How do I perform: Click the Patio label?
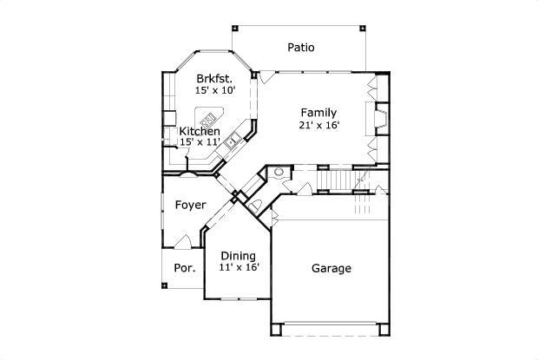coord(301,47)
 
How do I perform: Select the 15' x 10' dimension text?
coord(214,90)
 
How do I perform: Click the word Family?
coord(318,112)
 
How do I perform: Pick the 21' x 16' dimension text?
coord(318,124)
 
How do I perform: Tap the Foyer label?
coord(190,206)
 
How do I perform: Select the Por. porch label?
coord(184,268)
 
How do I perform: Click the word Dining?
coord(237,255)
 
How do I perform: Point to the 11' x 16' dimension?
coord(237,267)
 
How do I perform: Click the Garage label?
coord(331,268)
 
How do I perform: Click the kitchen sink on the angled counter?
coord(232,141)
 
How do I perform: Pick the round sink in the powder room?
coord(279,172)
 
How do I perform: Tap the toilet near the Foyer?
coord(256,205)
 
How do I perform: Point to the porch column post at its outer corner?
coord(164,285)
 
